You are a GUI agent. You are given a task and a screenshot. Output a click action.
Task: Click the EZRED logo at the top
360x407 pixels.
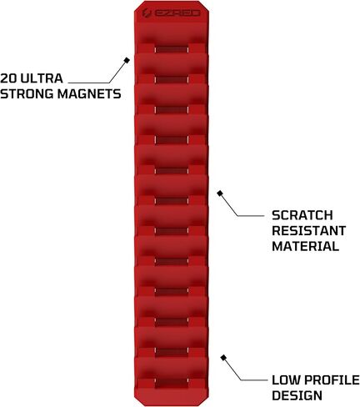pos(172,13)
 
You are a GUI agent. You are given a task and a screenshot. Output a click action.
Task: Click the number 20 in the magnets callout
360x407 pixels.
pos(8,78)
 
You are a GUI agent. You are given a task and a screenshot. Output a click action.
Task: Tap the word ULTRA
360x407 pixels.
pos(42,78)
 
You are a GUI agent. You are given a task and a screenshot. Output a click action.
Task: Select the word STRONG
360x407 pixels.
pos(27,93)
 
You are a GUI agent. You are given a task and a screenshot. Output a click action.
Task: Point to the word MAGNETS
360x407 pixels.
pos(89,93)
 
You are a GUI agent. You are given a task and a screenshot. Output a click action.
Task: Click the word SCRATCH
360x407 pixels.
pos(302,215)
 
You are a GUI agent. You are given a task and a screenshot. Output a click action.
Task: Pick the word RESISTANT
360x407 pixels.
pos(308,231)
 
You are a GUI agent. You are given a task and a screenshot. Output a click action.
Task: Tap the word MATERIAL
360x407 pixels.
pos(305,246)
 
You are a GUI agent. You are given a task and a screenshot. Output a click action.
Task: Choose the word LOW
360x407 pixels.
pos(287,380)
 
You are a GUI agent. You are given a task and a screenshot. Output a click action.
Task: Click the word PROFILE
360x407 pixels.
pos(332,380)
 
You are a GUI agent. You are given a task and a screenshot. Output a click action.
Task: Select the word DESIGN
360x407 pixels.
pos(297,395)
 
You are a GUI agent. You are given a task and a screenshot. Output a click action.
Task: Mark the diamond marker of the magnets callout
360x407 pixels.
pos(127,60)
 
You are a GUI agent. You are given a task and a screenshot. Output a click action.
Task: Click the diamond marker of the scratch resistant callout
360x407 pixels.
pos(220,193)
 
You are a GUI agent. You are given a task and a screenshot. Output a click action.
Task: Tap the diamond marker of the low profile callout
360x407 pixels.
pos(223,358)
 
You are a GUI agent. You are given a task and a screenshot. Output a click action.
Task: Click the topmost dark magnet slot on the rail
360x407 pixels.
pos(172,49)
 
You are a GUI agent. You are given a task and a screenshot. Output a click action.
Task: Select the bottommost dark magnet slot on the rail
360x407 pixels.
pos(172,383)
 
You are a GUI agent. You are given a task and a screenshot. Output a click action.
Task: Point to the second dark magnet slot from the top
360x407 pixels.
pos(172,79)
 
